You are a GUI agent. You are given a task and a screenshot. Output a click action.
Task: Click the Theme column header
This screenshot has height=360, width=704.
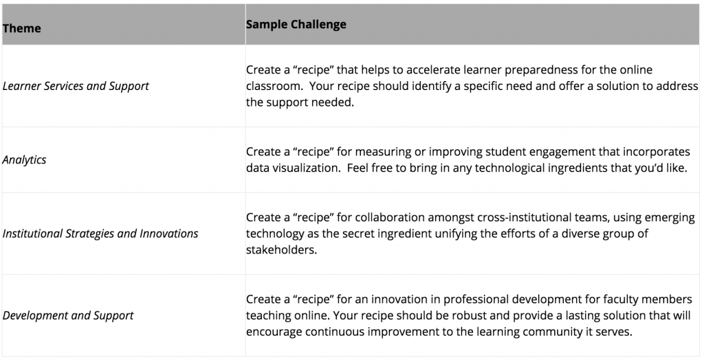[x=21, y=28]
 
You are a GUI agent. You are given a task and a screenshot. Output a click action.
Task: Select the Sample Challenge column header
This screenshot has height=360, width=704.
[x=296, y=24]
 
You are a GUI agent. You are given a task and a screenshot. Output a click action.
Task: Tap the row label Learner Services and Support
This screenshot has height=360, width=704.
[x=76, y=86]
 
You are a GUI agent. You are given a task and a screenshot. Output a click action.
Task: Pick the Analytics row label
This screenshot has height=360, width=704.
[x=24, y=160]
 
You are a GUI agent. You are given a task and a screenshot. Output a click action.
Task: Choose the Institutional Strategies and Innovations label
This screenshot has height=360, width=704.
[x=100, y=234]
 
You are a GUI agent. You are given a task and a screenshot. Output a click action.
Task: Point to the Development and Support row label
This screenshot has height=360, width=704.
[x=68, y=315]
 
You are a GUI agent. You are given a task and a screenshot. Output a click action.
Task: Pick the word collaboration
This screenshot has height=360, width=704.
[x=390, y=218]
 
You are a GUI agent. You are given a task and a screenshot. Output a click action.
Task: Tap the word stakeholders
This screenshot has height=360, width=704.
[x=281, y=250]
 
